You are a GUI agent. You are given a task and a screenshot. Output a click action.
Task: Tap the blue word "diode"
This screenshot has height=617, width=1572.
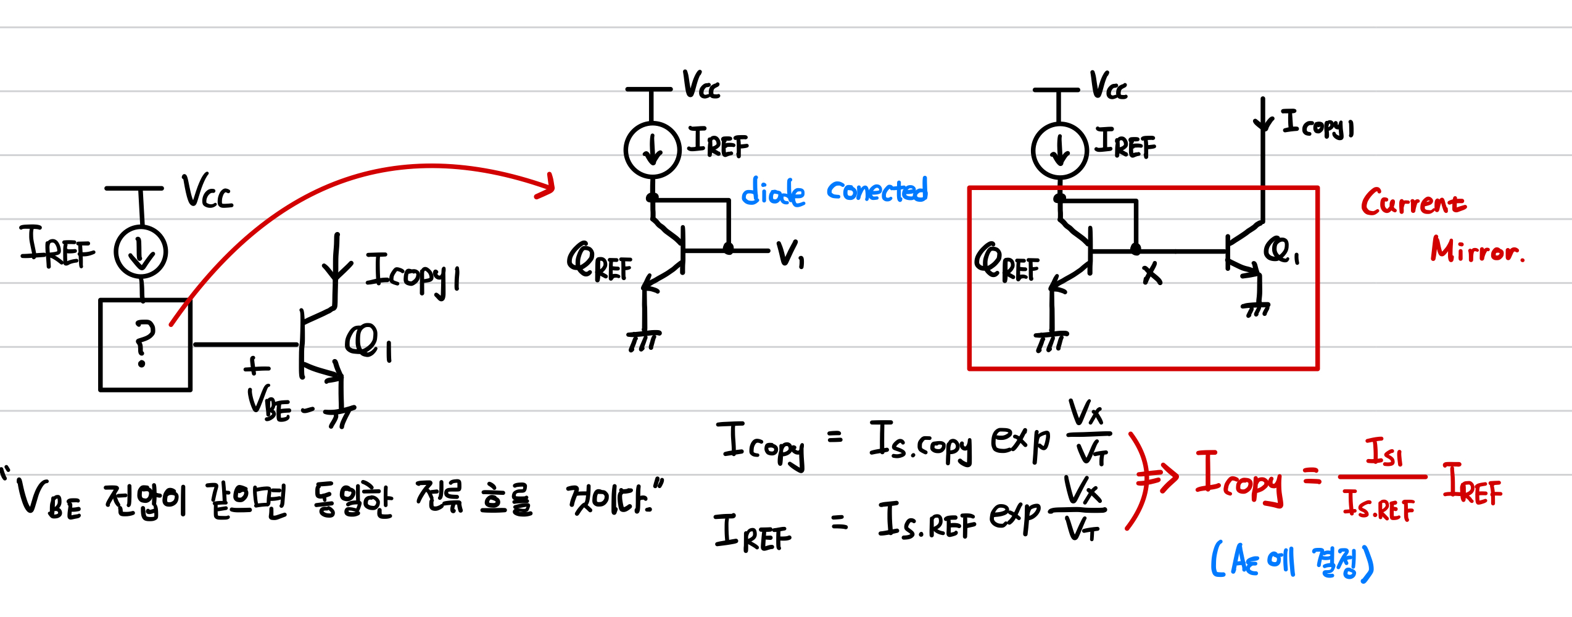773,192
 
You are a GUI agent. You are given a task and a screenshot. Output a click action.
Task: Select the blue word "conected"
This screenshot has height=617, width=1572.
877,190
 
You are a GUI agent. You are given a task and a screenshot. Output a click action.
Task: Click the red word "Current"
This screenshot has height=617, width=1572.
1413,202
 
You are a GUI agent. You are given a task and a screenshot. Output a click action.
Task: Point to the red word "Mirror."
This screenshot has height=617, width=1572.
1477,249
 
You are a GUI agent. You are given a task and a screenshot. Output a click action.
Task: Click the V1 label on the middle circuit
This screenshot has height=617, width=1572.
790,253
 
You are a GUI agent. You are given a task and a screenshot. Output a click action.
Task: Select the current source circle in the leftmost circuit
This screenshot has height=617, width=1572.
141,252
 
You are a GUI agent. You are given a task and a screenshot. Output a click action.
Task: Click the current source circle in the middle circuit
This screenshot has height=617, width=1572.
652,150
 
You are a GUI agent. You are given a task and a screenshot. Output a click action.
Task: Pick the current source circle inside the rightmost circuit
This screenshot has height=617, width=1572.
1059,151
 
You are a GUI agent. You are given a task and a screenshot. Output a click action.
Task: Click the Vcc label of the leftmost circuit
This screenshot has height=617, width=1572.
207,191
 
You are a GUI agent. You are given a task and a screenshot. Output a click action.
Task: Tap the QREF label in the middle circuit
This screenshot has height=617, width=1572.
599,262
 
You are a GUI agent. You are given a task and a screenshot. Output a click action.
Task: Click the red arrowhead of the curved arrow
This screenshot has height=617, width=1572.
546,185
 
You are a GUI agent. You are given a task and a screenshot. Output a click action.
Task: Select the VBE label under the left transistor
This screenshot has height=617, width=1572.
268,404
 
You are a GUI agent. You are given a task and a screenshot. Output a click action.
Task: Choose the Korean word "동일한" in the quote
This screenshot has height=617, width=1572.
352,499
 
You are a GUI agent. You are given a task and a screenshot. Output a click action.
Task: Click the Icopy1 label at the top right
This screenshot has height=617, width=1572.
1317,124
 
